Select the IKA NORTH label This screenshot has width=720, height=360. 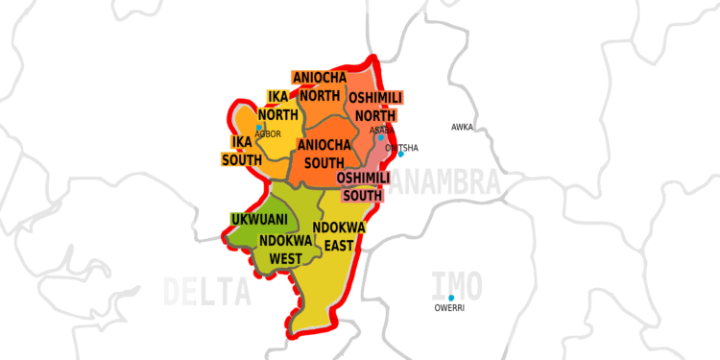coord(276,106)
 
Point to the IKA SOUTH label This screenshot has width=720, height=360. coord(242,151)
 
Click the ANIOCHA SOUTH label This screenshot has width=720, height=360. coord(330,154)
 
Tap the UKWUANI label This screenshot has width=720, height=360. coord(259,220)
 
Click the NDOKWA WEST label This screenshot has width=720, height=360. coord(287,250)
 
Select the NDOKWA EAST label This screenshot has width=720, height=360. coord(340,236)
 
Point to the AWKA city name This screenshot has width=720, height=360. coord(462,127)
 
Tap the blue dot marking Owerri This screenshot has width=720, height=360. coord(451,298)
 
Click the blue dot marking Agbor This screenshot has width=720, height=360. coord(259,127)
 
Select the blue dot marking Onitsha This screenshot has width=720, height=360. coord(401,155)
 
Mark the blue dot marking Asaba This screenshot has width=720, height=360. coord(380,137)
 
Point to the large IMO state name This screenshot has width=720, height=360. coord(457,284)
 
